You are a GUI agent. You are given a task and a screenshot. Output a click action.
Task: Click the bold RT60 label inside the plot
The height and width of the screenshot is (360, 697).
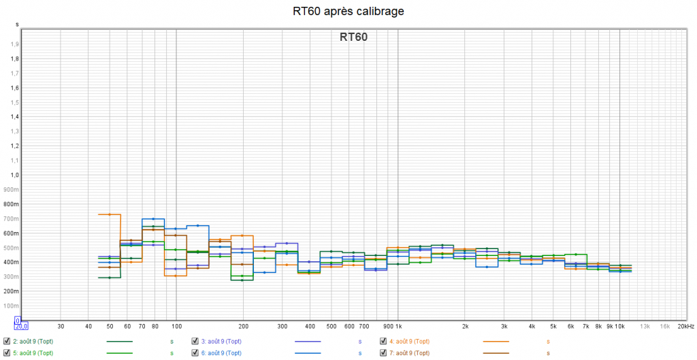[x=353, y=37]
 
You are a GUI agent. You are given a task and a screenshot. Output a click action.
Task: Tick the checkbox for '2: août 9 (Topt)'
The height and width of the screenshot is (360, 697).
[x=7, y=341]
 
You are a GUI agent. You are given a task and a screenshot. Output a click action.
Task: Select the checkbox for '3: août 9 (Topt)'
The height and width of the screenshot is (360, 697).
[x=195, y=341]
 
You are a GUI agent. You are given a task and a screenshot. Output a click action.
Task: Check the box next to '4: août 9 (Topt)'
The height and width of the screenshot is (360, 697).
[x=383, y=341]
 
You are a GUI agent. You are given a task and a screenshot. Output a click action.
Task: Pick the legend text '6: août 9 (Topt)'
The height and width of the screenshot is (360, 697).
[x=225, y=353]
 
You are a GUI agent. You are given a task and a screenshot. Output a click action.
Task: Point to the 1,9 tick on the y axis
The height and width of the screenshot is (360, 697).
[x=14, y=44]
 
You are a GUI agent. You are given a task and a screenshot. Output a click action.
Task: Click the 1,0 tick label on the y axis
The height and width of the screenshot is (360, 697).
[x=14, y=175]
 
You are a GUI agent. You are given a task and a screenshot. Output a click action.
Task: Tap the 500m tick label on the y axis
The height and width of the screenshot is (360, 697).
[x=11, y=248]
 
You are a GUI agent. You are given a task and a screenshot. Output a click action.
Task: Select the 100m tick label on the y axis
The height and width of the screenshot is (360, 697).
[x=11, y=306]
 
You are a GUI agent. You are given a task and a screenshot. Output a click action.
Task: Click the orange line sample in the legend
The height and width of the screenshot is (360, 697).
[x=496, y=341]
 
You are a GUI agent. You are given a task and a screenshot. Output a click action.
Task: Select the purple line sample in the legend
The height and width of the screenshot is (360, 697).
[x=308, y=341]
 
